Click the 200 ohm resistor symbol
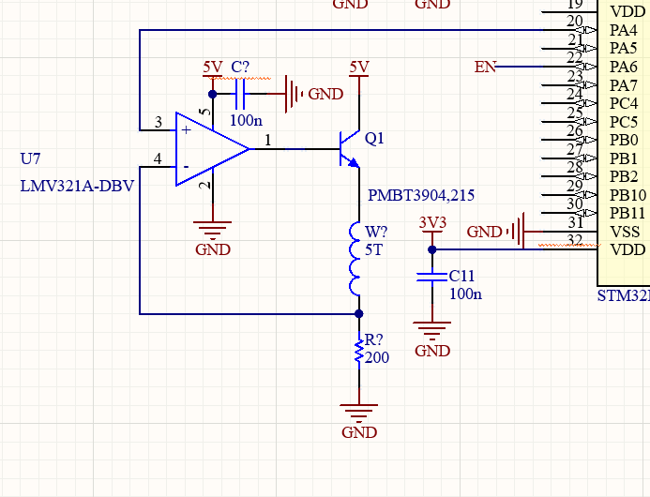point(358,352)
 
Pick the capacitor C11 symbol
point(431,278)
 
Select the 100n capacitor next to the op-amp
point(241,94)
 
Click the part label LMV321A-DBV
point(77,186)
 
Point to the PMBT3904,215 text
point(421,195)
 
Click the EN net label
point(485,67)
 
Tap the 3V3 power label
point(431,223)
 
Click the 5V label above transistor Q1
point(358,68)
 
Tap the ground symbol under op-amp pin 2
point(213,228)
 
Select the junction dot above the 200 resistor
point(358,313)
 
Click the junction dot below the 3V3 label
point(431,249)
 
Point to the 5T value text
point(375,249)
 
